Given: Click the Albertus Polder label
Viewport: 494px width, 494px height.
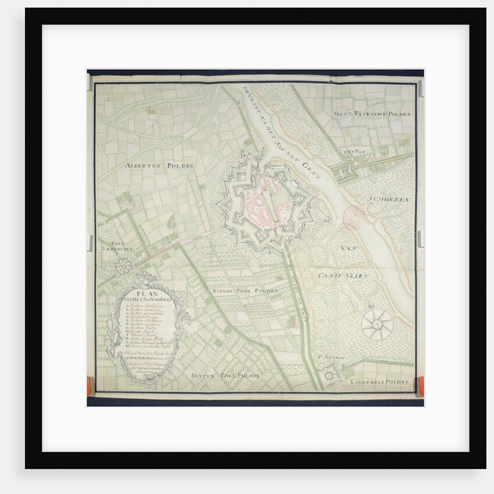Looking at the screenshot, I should coord(159,166).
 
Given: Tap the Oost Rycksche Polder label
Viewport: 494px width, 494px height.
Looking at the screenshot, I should coord(372,114).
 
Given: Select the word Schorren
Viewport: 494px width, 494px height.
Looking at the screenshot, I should coord(389,199).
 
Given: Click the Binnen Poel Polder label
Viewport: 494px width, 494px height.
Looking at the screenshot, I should coord(245,290).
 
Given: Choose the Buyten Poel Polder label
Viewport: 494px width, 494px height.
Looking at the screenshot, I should coord(225,376).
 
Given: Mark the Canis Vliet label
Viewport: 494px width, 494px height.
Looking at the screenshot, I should coord(343,275).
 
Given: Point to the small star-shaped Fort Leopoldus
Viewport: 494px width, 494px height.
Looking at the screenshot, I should coord(123,267).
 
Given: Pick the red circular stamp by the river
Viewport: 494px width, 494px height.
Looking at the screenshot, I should coord(353,217).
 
